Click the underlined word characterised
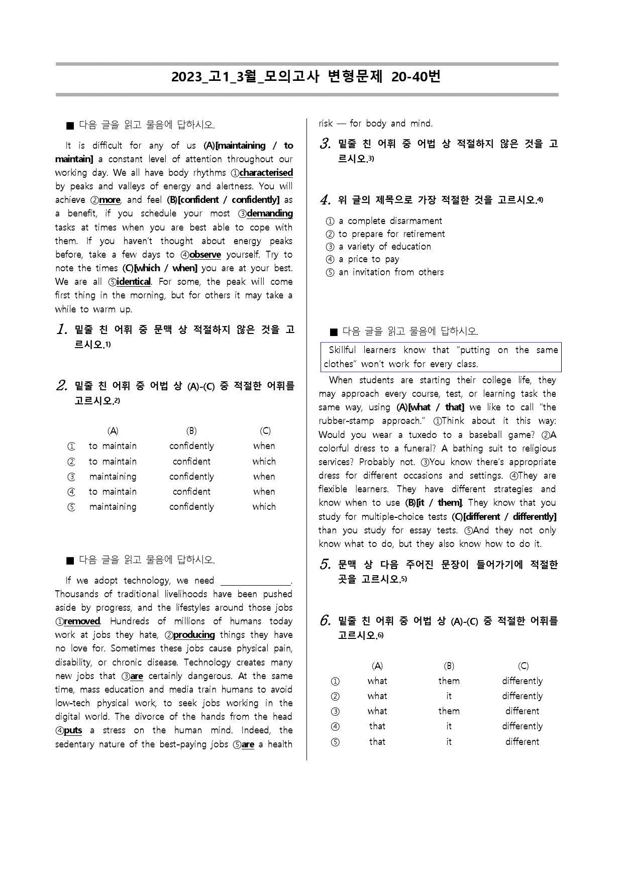(x=266, y=173)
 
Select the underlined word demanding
(x=270, y=213)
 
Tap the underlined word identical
(x=134, y=282)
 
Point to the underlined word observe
(x=205, y=255)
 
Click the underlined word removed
(x=82, y=621)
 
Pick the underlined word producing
(x=194, y=635)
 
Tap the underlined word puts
(x=73, y=730)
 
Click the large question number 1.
(x=62, y=330)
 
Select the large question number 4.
(x=325, y=200)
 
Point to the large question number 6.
(x=325, y=621)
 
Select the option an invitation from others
(x=391, y=272)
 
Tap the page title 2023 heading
(x=306, y=77)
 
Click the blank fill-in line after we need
(x=256, y=582)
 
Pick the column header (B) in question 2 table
(x=191, y=431)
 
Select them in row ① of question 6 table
(x=449, y=681)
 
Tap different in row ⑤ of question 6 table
(x=522, y=742)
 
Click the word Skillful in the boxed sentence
(x=342, y=350)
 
